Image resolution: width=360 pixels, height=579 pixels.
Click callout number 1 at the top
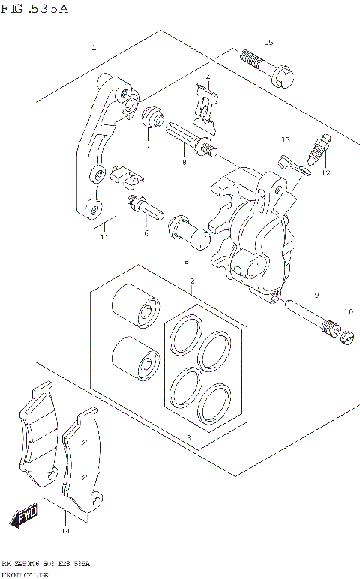tap(94, 48)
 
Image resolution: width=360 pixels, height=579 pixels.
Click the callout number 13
tap(285, 140)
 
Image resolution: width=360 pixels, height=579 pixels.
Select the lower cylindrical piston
tap(135, 356)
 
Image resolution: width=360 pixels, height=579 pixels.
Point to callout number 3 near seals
tap(188, 437)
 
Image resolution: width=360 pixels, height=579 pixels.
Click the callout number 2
tap(191, 281)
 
